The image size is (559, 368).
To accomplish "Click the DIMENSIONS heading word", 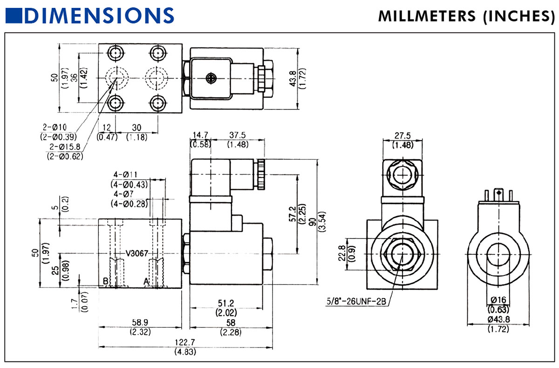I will click(x=100, y=15).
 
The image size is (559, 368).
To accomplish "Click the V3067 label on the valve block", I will click(x=137, y=253).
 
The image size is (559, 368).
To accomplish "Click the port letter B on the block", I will click(x=106, y=281).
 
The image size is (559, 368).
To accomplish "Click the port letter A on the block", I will click(x=146, y=281).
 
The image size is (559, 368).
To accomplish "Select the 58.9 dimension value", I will click(x=139, y=322).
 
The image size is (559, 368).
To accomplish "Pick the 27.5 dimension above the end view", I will click(x=402, y=136).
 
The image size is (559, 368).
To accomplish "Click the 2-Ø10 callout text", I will click(x=55, y=127).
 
